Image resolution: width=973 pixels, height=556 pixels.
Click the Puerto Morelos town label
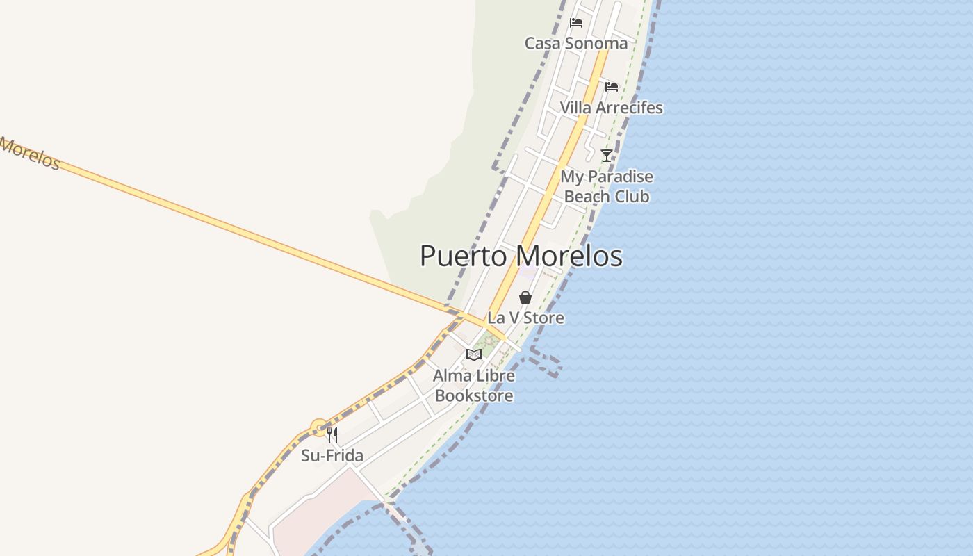[521, 256]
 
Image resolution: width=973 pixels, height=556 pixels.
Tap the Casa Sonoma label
[575, 43]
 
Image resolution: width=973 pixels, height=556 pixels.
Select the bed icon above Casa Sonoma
[575, 23]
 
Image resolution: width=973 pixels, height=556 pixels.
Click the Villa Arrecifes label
[611, 108]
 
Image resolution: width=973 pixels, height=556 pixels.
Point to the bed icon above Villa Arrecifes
[611, 87]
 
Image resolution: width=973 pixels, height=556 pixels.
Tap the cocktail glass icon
[607, 155]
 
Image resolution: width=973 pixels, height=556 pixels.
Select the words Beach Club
[606, 197]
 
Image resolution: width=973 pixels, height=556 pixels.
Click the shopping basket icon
[525, 297]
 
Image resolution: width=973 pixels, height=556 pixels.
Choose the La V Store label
[525, 318]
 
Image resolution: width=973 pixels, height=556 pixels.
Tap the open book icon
[474, 355]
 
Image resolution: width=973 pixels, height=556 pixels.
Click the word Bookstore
[474, 396]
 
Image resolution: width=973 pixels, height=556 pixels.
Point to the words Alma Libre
[474, 376]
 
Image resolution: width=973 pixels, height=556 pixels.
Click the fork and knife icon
[332, 435]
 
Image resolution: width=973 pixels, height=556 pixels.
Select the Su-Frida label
[332, 456]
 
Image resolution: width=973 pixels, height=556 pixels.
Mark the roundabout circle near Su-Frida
[319, 427]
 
